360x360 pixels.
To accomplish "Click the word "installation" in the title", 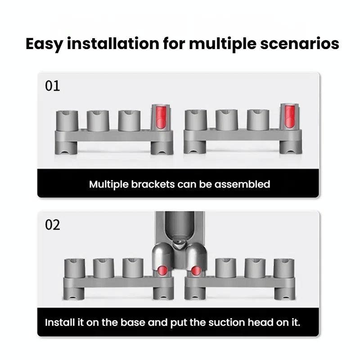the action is click(x=113, y=44).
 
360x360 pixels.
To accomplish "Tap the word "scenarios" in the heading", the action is click(x=300, y=44).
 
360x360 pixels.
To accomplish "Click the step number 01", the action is click(x=52, y=86).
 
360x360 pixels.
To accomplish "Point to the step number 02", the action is click(x=53, y=225).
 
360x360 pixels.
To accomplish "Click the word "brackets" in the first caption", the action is click(x=153, y=184).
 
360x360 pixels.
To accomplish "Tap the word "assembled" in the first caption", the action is click(x=242, y=184).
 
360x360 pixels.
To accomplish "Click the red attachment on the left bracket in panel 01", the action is click(x=161, y=117).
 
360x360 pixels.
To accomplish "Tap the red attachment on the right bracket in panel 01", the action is click(x=290, y=117).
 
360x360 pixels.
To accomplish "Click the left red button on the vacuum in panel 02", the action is click(x=163, y=269).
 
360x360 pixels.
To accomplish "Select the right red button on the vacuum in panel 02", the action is click(x=196, y=270).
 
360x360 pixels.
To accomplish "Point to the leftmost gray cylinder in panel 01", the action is click(x=67, y=121).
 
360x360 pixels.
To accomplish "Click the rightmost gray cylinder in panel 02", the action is click(x=284, y=268).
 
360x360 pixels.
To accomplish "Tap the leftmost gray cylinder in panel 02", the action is click(x=75, y=269).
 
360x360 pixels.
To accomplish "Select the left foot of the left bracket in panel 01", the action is click(x=66, y=148).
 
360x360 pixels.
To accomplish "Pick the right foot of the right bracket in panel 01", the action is click(x=290, y=147).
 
